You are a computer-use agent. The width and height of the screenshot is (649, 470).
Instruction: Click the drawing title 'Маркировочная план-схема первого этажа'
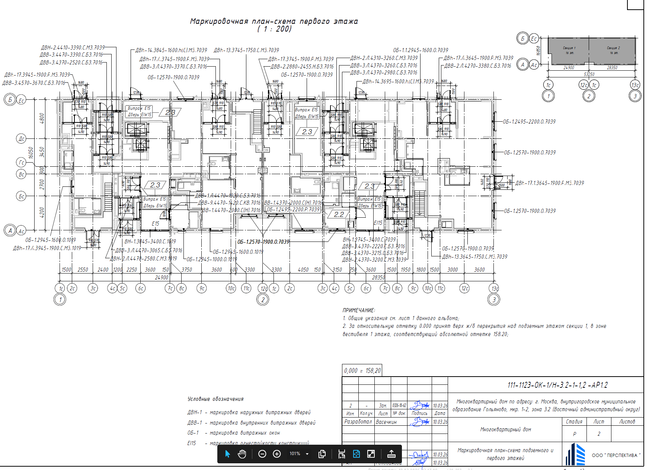coord(274,21)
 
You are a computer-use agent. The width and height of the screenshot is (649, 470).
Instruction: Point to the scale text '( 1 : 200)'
coord(274,29)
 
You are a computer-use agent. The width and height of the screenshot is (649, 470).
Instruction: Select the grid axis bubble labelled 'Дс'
coord(21,139)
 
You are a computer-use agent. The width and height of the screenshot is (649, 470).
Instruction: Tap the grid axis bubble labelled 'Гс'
coord(21,162)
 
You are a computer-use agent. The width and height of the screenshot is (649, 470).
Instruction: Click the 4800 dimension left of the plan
coord(42,118)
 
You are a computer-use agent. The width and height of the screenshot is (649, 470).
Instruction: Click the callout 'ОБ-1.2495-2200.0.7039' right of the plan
coord(529,122)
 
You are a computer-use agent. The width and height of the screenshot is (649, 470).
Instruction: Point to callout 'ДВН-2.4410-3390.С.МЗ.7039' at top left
coord(73,48)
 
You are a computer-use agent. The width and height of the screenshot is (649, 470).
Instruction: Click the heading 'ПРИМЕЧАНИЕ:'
coord(359,310)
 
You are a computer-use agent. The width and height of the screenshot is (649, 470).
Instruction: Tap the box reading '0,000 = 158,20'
coord(362,371)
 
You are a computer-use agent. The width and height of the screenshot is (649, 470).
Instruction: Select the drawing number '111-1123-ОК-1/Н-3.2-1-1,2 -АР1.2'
coord(557,385)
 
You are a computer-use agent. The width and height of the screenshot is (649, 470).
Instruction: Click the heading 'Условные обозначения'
coord(215,399)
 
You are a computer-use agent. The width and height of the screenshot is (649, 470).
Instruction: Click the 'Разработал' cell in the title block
coord(358,422)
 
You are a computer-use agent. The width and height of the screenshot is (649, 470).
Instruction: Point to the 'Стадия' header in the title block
coord(574,422)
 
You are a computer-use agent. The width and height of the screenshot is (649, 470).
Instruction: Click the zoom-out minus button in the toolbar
coord(262,454)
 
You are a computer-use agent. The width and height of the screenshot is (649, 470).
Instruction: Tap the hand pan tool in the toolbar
coord(242,454)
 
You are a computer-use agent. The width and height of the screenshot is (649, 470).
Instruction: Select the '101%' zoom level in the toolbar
coord(295,454)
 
